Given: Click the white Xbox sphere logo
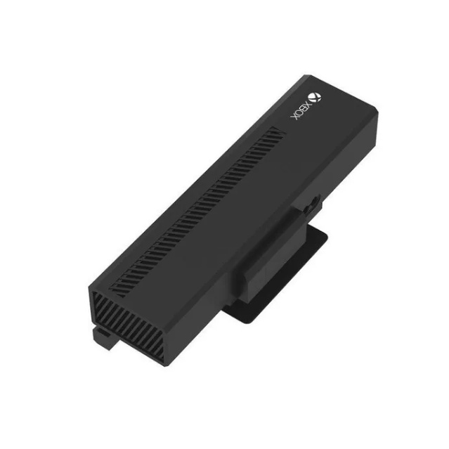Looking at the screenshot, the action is coord(314,98).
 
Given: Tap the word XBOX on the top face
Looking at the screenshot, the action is coord(301,111).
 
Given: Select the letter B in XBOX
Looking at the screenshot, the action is coord(304,108).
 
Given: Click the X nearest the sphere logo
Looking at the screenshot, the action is coord(308,104).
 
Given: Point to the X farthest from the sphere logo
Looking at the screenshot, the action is coord(294,117).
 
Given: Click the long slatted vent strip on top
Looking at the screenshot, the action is coord(197,212).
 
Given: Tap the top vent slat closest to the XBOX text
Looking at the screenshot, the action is coord(277,131).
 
